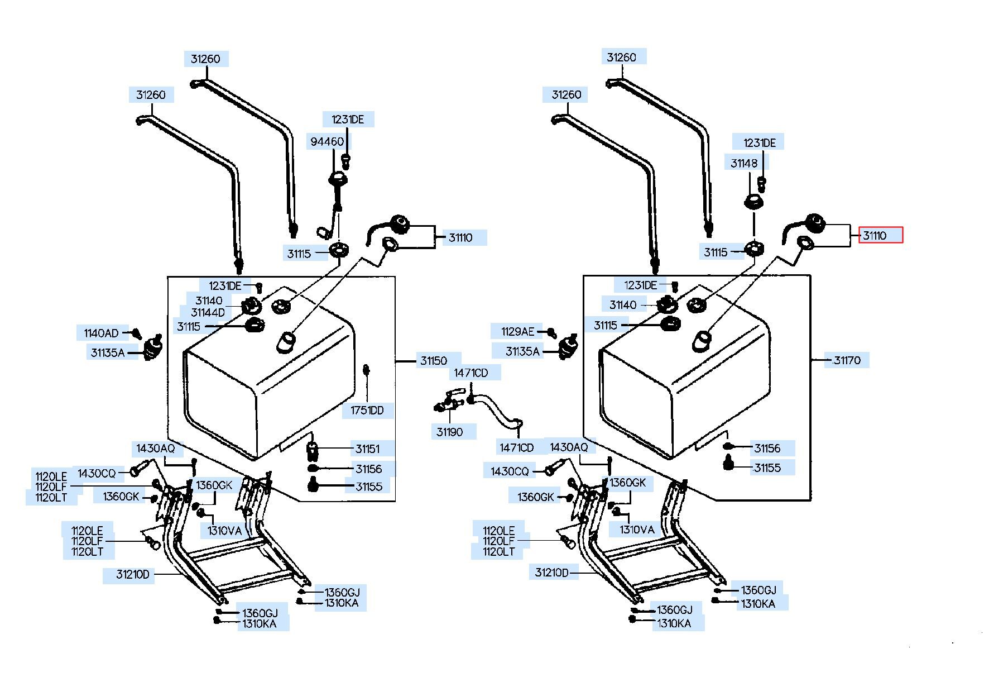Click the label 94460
[327, 142]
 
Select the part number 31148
[744, 163]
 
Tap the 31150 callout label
[434, 361]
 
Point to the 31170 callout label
[847, 360]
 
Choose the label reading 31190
[449, 432]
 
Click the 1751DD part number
[367, 411]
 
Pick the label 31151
[368, 449]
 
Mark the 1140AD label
[101, 333]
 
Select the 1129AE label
[517, 332]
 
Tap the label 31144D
[208, 313]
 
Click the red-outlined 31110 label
[880, 235]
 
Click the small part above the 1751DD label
[367, 370]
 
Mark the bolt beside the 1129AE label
[551, 333]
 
